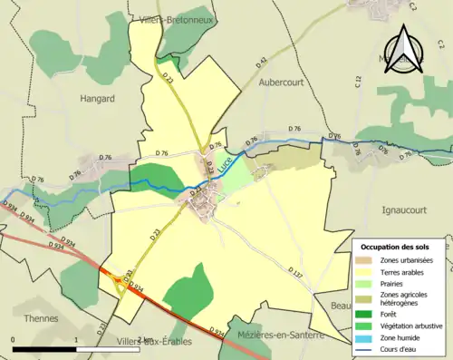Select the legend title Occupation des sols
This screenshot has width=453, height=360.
(396, 247)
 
